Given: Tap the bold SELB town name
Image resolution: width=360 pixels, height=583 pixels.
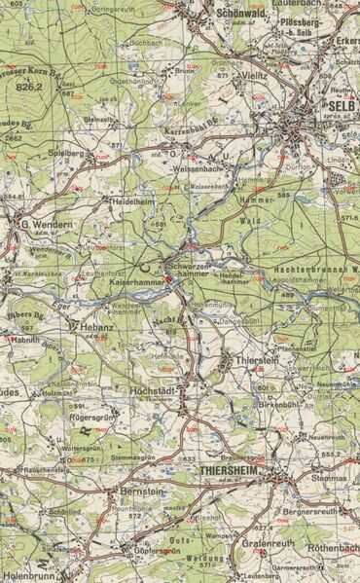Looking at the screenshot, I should [x=339, y=105].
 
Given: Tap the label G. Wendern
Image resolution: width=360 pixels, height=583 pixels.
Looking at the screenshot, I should [x=45, y=225].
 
